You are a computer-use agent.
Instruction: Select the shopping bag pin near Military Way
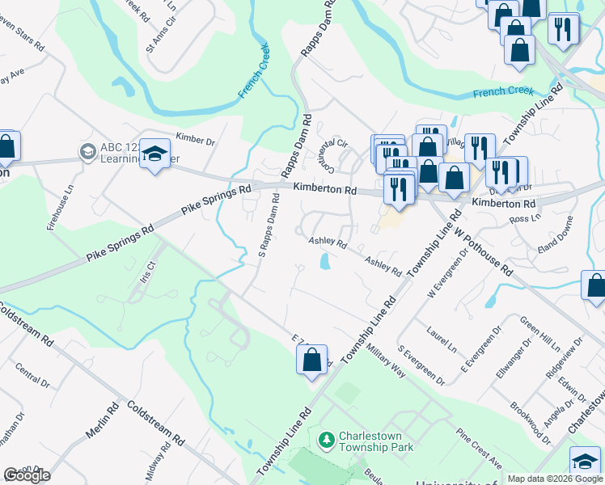313,358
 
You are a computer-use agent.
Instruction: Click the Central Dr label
32,376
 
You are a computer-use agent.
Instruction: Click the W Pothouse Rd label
483,249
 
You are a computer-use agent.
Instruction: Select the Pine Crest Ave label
480,449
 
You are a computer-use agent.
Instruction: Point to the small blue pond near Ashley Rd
324,262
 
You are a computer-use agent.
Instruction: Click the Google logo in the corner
27,475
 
